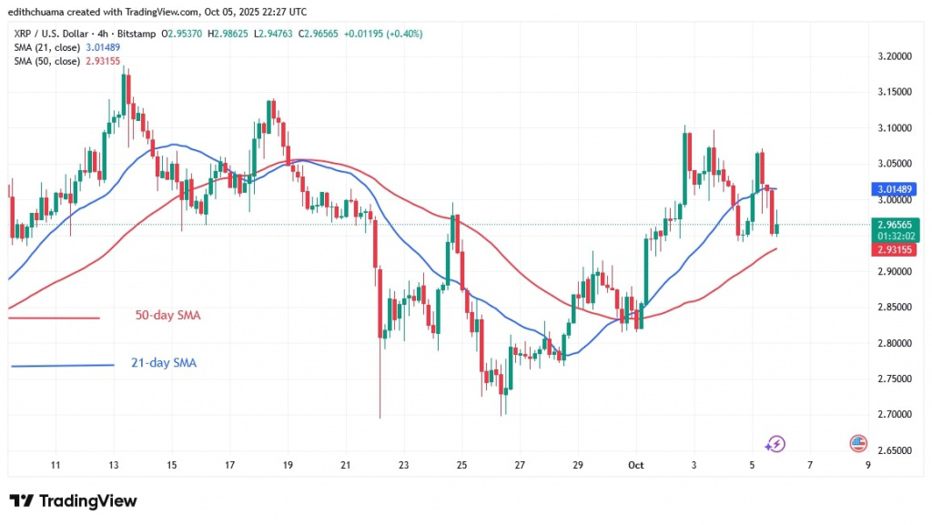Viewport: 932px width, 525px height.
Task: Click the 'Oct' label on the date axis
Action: click(x=636, y=465)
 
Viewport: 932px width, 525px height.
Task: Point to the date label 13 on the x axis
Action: click(x=114, y=465)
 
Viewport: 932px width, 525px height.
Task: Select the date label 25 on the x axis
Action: click(x=461, y=465)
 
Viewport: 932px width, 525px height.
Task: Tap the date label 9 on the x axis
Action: click(x=868, y=465)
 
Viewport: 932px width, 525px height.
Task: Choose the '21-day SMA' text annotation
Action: click(x=165, y=363)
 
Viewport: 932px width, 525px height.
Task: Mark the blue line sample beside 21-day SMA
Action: click(x=63, y=366)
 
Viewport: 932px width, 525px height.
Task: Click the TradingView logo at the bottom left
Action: click(x=73, y=501)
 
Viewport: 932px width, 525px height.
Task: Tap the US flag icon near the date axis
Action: click(x=857, y=443)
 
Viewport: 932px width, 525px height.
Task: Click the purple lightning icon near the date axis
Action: click(x=775, y=444)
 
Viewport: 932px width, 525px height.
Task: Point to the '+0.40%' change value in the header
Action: click(x=405, y=34)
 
